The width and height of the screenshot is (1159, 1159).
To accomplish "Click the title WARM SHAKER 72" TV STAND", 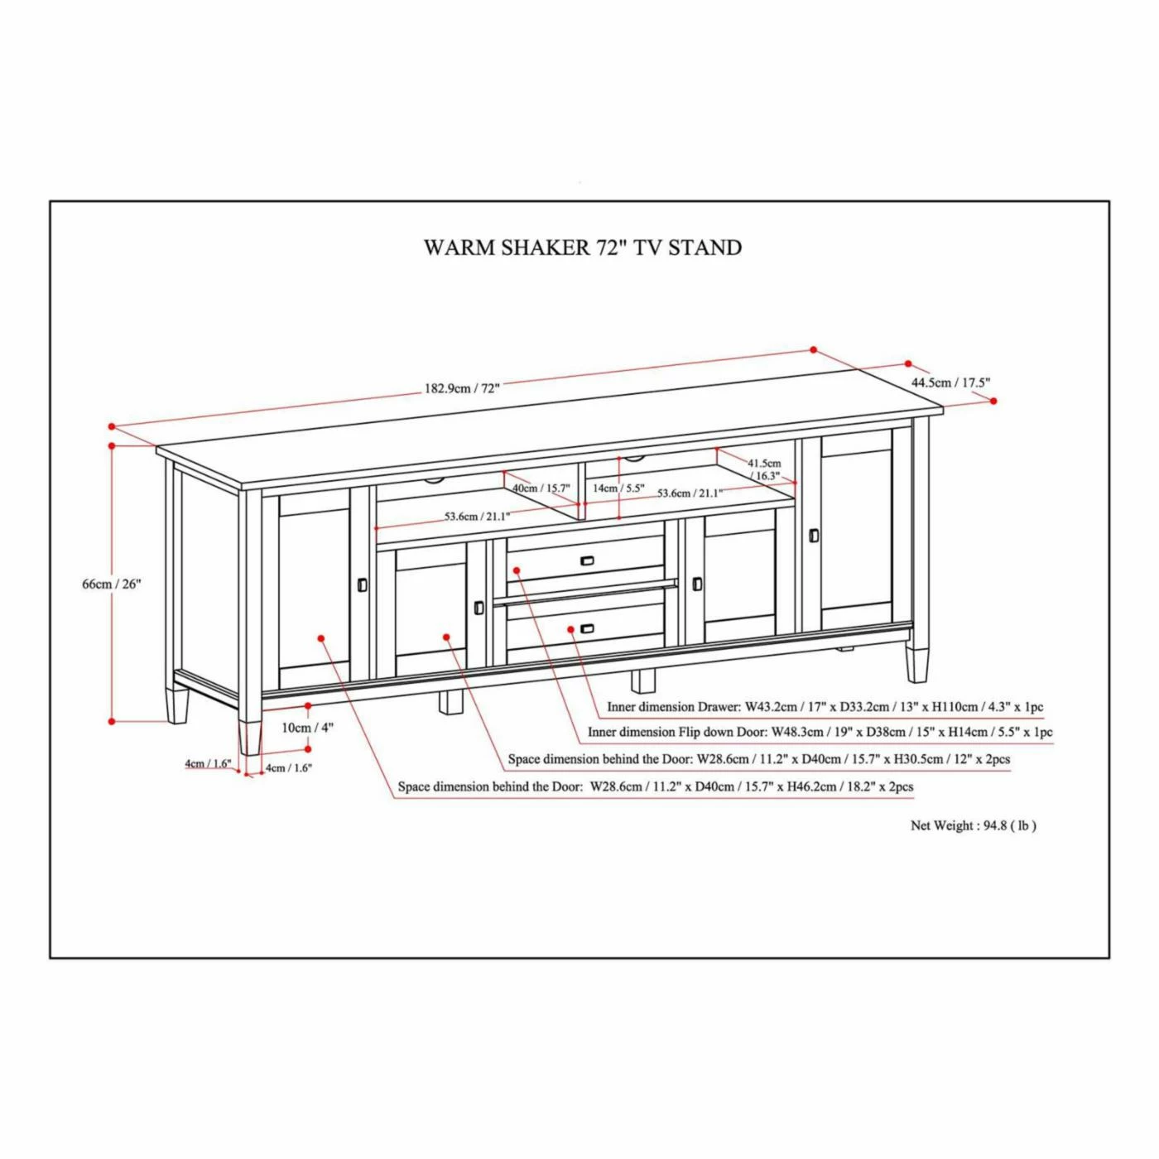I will coord(582,248).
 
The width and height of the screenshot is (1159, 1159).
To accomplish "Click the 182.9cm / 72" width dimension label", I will coord(462,387).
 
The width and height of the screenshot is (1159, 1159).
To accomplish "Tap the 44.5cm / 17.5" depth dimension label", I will coord(950,382).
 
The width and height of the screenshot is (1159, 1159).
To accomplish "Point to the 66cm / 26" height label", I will coord(112,584).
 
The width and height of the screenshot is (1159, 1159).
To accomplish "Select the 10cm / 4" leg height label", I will coord(307,728).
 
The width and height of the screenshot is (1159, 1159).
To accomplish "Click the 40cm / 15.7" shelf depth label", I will coord(541,488).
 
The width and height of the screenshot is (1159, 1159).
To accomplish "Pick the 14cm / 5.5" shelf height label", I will coord(618,488).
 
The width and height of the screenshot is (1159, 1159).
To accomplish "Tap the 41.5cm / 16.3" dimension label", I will coord(764,469).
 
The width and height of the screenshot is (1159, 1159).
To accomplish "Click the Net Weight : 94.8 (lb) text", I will coord(973,825).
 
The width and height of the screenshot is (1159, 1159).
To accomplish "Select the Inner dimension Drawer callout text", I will coord(825,707).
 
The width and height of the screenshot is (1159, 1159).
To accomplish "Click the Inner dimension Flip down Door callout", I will coord(820,732).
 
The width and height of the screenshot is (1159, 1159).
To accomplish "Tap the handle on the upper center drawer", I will coord(587,561).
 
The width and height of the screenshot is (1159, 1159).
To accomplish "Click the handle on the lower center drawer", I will coord(587,629).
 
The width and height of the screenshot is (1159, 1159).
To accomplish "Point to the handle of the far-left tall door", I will coord(362,584).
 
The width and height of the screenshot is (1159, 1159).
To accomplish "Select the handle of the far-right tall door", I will coord(813,536).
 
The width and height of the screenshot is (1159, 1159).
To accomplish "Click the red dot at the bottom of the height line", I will coord(112,721).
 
